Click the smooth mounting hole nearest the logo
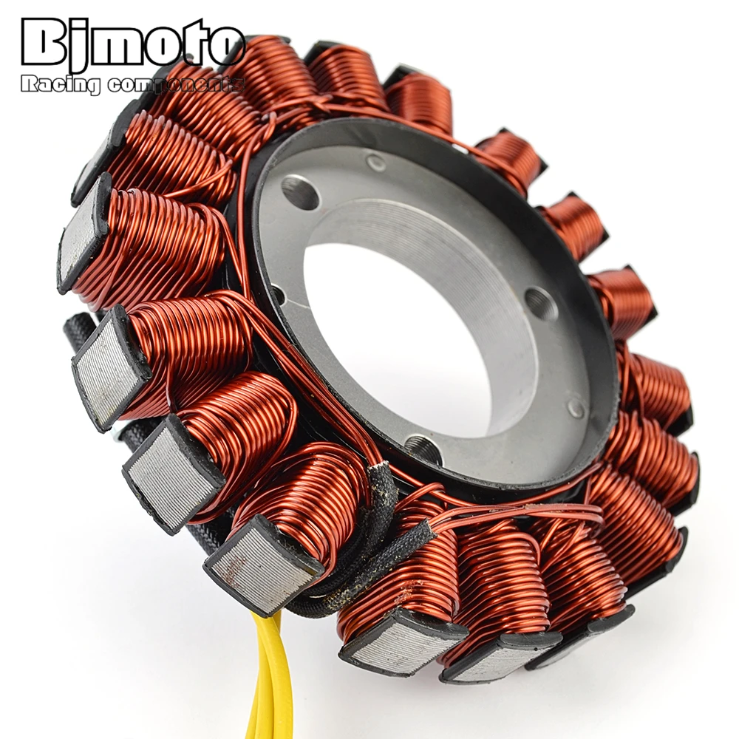(x=300, y=192)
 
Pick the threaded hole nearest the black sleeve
(x=423, y=447)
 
